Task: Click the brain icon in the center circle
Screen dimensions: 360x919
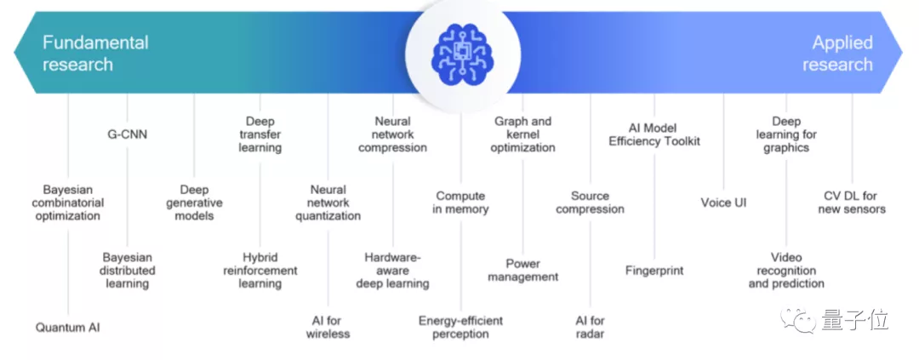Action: [x=459, y=53]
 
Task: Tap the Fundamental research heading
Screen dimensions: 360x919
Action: [x=94, y=53]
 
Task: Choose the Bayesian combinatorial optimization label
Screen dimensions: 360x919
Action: [x=67, y=203]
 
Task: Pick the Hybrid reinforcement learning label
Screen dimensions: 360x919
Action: [x=260, y=270]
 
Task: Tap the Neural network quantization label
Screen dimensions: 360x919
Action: [x=328, y=203]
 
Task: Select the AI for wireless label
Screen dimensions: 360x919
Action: [x=328, y=327]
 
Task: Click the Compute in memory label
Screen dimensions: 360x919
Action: [x=460, y=203]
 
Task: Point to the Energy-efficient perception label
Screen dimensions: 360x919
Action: [x=460, y=327]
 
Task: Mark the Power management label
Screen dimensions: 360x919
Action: [x=523, y=270]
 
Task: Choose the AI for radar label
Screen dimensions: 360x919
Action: [x=590, y=327]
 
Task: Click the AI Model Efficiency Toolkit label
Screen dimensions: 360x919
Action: [x=654, y=134]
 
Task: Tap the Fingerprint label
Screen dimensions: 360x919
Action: [x=654, y=271]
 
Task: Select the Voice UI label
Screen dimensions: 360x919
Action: [x=723, y=203]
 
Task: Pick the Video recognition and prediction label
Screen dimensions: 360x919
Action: [x=786, y=270]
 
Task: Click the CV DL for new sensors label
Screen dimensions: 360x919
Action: [x=852, y=203]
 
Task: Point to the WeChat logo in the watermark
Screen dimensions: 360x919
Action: [x=802, y=321]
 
